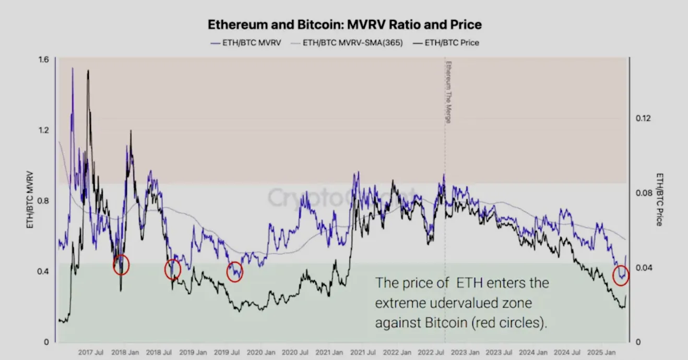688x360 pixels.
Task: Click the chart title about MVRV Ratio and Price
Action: [344, 25]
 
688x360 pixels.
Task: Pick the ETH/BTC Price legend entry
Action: [452, 43]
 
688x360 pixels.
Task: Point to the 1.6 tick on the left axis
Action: [43, 59]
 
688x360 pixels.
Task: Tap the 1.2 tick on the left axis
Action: [43, 130]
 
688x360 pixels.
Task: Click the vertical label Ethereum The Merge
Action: [447, 92]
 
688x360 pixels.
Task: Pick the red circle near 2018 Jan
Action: [121, 265]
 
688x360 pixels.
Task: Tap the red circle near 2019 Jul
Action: [235, 272]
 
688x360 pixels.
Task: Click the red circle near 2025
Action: [621, 275]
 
